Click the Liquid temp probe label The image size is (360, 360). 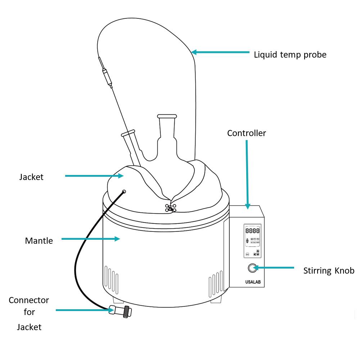pos(290,55)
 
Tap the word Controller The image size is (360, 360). pos(246,133)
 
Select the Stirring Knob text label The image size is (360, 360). pos(329,271)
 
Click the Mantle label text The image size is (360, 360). pos(39,241)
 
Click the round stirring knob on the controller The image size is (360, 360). pos(252,268)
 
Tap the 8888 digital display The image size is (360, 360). pos(252,231)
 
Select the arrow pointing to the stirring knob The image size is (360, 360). pos(275,267)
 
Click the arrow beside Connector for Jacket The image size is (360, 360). pos(83,310)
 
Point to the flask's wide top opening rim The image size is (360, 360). pos(167,116)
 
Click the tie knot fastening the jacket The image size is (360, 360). pos(170,208)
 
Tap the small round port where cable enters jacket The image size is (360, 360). pos(124,191)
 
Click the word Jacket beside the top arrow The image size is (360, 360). pos(31,177)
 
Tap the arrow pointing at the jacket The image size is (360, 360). pos(94,176)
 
